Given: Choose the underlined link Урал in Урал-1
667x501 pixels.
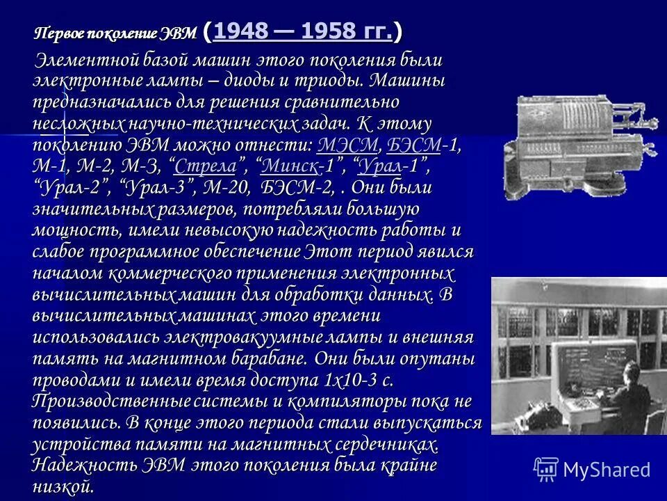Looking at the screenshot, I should coord(381,166).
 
